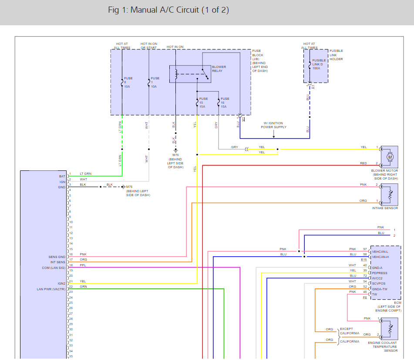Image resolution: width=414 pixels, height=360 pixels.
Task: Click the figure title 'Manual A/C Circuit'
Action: (x=165, y=10)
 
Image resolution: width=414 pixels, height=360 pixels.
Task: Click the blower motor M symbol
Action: (x=390, y=157)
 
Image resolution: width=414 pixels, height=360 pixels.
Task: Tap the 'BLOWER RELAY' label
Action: (x=219, y=69)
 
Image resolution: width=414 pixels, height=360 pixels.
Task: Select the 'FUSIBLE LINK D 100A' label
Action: (x=319, y=64)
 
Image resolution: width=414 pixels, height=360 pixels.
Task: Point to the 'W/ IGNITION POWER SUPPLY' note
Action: (x=273, y=125)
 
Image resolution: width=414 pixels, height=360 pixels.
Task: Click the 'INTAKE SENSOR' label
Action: (x=385, y=208)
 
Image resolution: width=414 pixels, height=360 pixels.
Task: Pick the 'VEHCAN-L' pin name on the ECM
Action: (x=380, y=251)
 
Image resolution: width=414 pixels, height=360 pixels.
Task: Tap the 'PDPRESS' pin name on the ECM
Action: (x=380, y=273)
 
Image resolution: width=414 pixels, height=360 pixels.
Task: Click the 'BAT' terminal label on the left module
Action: (x=62, y=177)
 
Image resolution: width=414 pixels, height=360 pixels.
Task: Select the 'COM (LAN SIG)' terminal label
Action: (x=54, y=268)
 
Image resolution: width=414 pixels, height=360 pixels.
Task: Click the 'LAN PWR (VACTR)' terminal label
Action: (x=51, y=289)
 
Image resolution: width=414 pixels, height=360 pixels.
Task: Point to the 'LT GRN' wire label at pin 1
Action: (x=86, y=173)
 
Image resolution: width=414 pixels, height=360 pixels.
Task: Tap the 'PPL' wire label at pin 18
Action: (x=83, y=265)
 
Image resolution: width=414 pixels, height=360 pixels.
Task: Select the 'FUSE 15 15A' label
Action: (x=203, y=102)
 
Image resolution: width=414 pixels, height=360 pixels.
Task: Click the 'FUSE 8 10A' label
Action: (x=128, y=82)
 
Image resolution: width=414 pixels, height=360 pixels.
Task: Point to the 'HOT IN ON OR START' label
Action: (x=148, y=46)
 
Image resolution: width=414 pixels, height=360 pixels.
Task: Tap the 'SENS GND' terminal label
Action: (x=57, y=257)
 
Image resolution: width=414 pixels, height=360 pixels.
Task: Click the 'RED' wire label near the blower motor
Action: (x=364, y=163)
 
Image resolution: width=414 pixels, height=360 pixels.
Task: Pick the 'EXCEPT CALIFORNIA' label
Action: (x=350, y=331)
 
